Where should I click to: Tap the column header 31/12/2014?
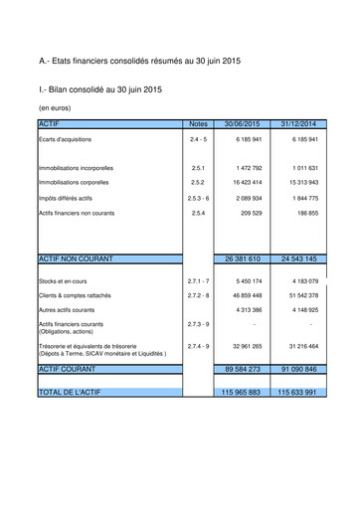298,123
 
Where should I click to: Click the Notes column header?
198,123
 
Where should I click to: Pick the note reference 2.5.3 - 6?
198,199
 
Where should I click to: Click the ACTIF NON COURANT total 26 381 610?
243,258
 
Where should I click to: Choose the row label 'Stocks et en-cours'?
63,282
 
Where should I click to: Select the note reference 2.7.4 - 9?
198,346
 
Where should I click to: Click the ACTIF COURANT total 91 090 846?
298,369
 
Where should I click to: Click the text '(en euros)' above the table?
56,106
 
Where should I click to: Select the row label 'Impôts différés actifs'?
68,199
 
